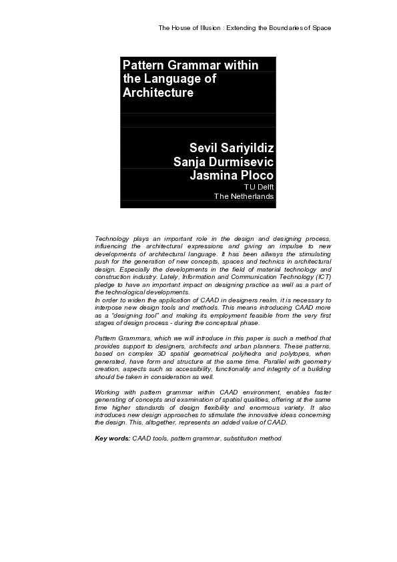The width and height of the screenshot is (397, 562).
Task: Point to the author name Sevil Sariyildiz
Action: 232,148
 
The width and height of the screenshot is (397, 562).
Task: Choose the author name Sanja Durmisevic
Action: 224,162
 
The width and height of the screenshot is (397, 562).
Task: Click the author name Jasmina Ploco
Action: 232,176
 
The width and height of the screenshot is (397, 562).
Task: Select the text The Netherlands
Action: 244,197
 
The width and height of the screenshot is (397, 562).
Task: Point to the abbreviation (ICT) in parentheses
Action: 320,276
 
